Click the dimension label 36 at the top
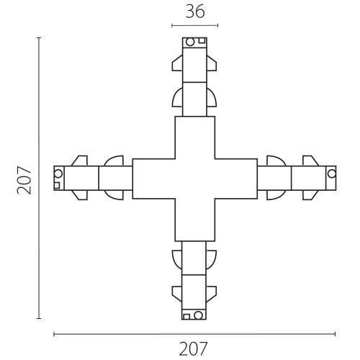tap(195, 12)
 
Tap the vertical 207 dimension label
tap(24, 180)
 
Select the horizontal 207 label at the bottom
tap(193, 348)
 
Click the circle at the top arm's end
tap(190, 42)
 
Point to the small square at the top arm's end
tap(202, 40)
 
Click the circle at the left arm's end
tap(58, 174)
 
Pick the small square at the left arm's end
tap(57, 185)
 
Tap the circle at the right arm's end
tap(332, 174)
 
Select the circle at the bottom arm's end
tap(198, 315)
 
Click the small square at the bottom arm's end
tap(186, 317)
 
